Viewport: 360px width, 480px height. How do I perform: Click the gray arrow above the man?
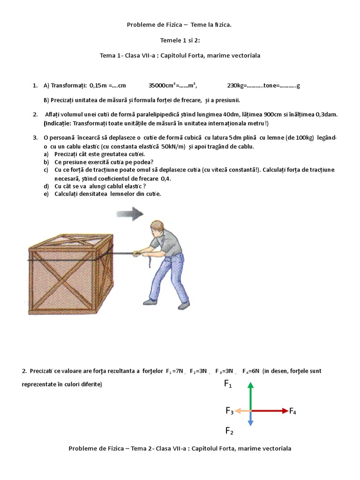pos(129,215)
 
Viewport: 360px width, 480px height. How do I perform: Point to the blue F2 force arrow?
pos(251,419)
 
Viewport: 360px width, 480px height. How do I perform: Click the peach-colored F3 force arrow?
pos(242,411)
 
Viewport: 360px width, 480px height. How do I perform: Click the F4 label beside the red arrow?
pos(292,412)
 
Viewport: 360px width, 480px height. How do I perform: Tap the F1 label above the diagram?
pos(228,384)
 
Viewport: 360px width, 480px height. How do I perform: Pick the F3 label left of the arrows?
pos(229,412)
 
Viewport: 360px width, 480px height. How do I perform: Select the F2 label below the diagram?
pos(229,430)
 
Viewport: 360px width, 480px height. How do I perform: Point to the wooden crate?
pos(70,277)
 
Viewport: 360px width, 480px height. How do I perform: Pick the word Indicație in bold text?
pos(61,123)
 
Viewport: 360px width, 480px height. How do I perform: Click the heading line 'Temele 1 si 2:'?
pos(180,40)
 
